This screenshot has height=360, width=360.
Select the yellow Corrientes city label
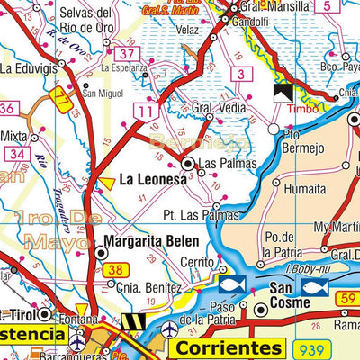click(225, 347)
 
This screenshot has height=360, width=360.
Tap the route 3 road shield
click(240, 73)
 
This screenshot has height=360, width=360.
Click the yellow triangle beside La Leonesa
click(106, 183)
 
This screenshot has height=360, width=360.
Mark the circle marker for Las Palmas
click(189, 165)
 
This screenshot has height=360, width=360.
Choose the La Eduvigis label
click(28, 67)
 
